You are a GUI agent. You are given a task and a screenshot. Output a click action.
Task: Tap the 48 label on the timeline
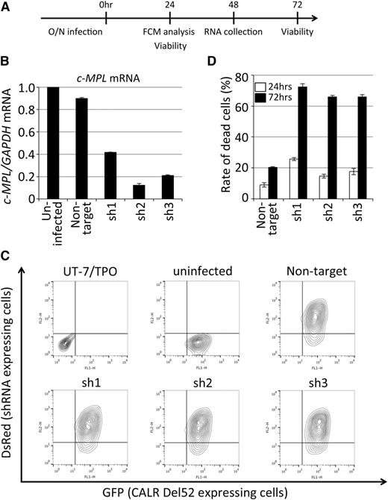[x=234, y=5]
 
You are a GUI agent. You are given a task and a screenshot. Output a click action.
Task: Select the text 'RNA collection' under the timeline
[x=234, y=33]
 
